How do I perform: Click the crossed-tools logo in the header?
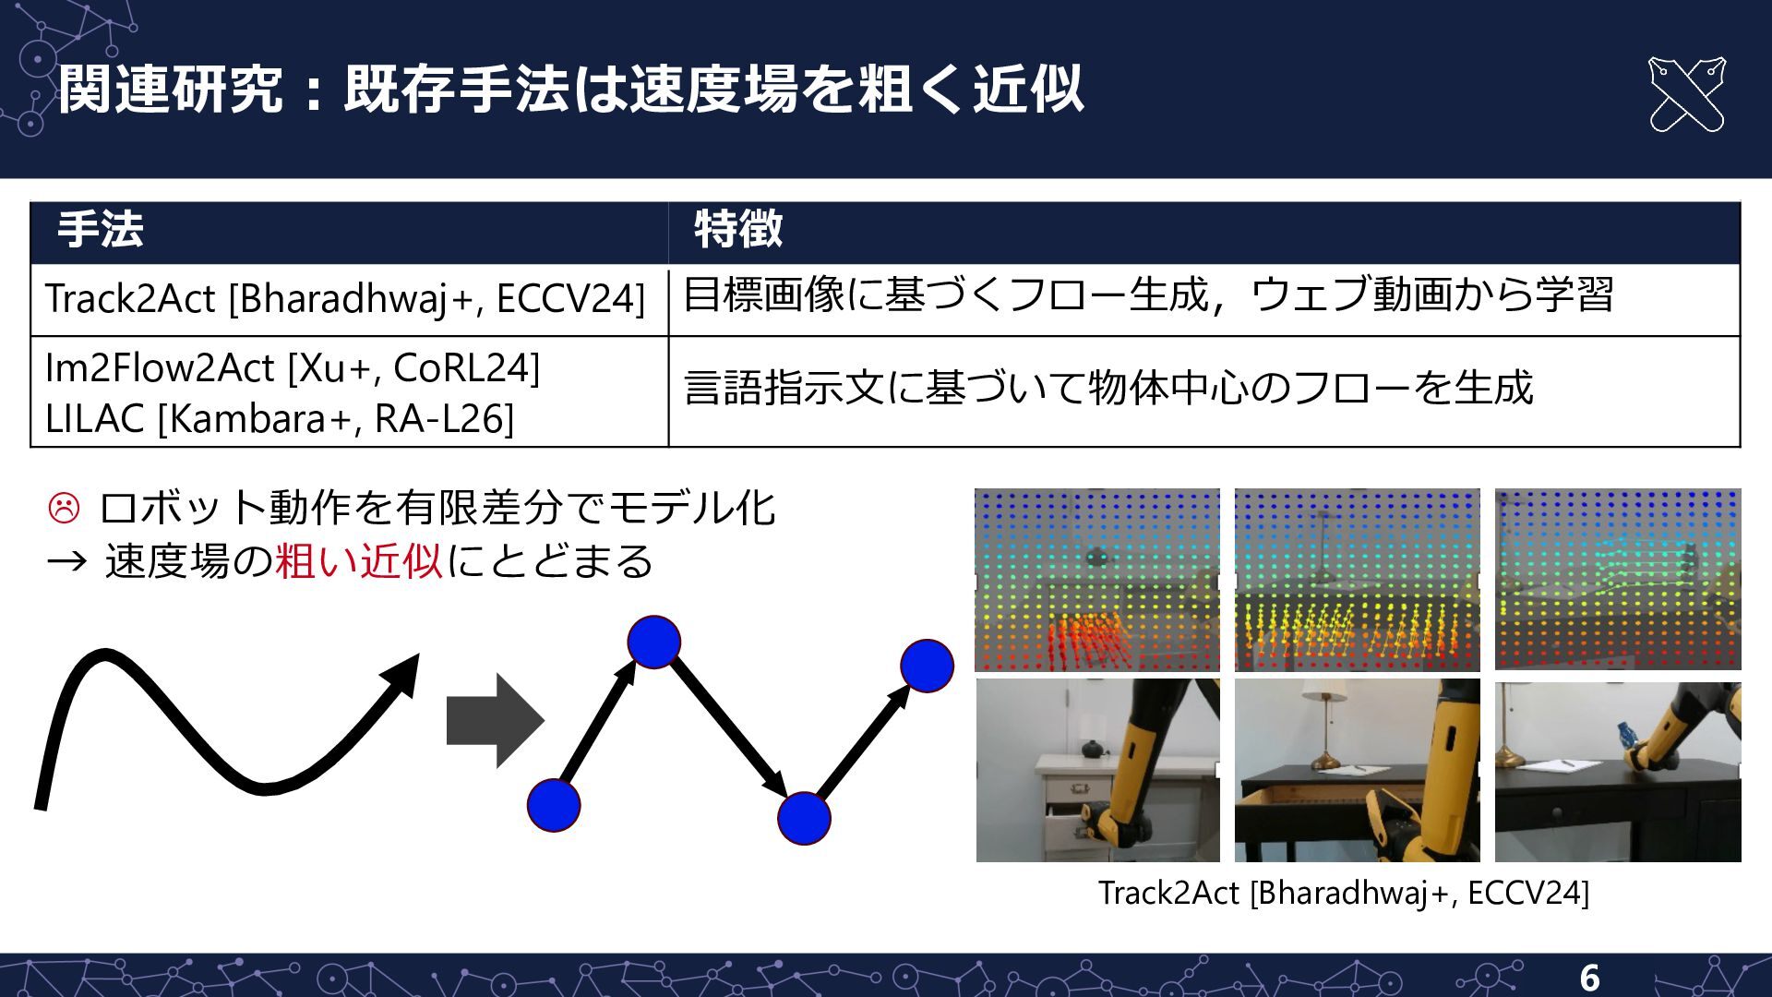click(x=1686, y=94)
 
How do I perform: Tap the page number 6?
click(x=1589, y=978)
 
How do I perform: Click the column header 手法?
click(x=101, y=229)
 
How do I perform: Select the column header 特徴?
click(x=738, y=229)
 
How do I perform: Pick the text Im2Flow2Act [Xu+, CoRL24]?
click(x=293, y=368)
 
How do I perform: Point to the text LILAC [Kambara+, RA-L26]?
click(x=280, y=419)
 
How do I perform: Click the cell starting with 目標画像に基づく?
click(x=1148, y=295)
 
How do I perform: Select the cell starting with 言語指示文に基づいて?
click(x=1108, y=388)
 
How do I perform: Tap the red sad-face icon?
click(x=64, y=508)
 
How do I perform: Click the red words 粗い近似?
click(x=359, y=560)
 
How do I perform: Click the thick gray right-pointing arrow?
click(x=495, y=720)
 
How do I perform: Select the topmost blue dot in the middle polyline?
click(x=653, y=643)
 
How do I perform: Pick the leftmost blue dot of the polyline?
click(x=554, y=805)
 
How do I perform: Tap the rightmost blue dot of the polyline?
click(x=927, y=666)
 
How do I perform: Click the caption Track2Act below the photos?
click(x=1344, y=893)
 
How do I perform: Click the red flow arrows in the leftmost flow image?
click(x=1089, y=637)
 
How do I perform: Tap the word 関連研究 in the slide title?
click(x=171, y=90)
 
